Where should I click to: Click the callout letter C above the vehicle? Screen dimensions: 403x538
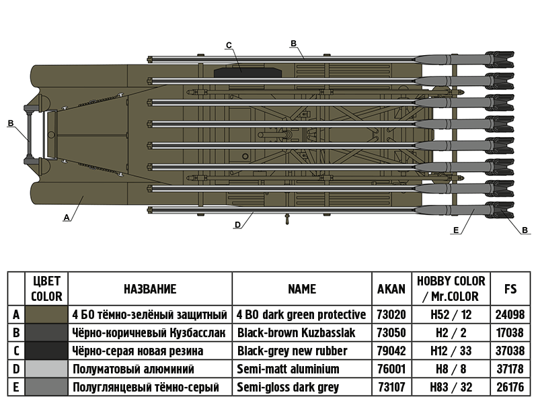(x=229, y=45)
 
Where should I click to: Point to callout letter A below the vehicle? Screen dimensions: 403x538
(x=66, y=218)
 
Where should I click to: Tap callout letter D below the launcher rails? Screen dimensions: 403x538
(x=237, y=226)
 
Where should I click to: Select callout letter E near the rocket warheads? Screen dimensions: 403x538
(x=457, y=230)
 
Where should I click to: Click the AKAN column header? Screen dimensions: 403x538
(x=391, y=289)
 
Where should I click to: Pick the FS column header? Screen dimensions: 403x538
(x=510, y=289)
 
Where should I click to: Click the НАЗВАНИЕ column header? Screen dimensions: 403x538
(x=150, y=289)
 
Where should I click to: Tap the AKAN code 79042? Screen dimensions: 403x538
(x=391, y=351)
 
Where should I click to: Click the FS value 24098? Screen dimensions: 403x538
(x=510, y=314)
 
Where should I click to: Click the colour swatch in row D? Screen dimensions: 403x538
(x=46, y=369)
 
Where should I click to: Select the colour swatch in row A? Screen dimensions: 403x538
(x=46, y=314)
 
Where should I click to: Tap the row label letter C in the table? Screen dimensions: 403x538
(x=16, y=351)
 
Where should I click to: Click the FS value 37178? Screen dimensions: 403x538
(x=510, y=369)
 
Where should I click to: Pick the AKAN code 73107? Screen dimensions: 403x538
(x=391, y=387)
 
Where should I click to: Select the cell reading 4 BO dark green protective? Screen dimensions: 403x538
(x=301, y=314)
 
